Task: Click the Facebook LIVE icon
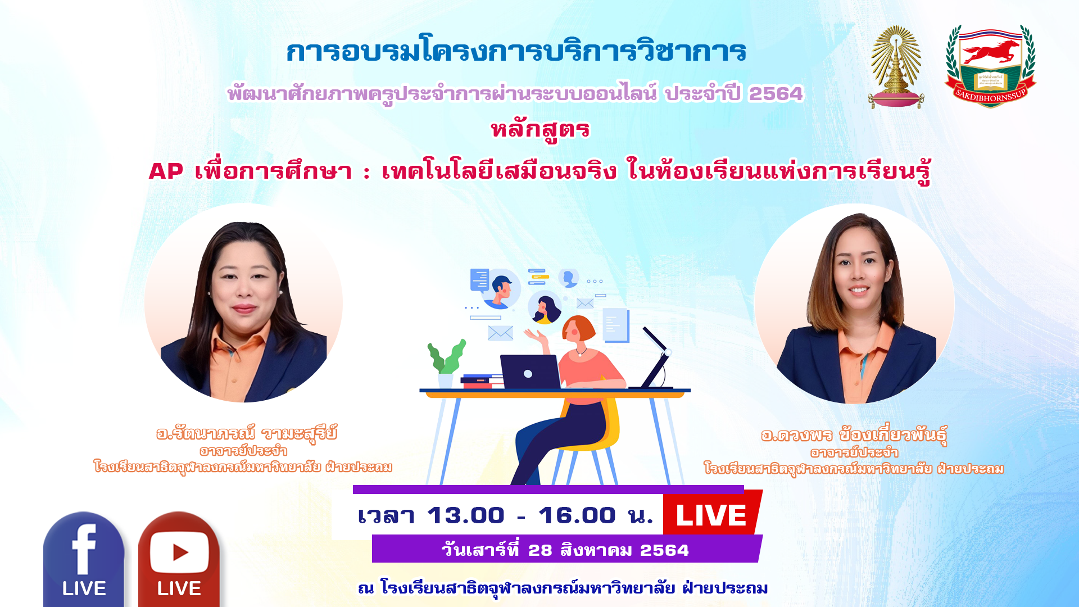(x=84, y=559)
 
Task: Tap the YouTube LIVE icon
(x=179, y=559)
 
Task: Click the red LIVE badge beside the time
(x=711, y=514)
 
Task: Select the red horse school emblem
(x=990, y=66)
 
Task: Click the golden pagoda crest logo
(x=896, y=67)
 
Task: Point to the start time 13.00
(x=465, y=515)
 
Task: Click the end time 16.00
(x=577, y=515)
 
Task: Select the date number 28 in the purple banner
(x=540, y=550)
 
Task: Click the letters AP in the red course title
(x=166, y=171)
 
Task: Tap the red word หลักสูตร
(x=540, y=129)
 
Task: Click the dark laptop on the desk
(x=530, y=372)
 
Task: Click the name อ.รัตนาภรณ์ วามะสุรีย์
(x=247, y=433)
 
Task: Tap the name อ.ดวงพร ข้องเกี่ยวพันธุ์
(x=854, y=435)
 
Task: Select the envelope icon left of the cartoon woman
(x=500, y=333)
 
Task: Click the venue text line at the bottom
(x=563, y=588)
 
